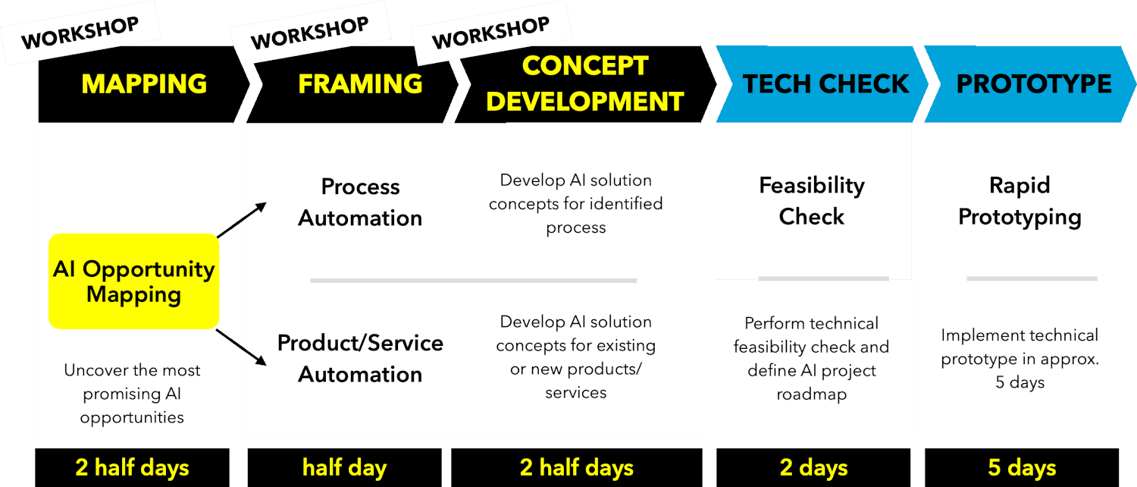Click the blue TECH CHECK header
point(822,84)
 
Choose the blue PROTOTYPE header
point(1030,84)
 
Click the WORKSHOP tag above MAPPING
point(80,33)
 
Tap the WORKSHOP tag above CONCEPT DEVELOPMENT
point(491,33)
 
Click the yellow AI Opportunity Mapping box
point(134,281)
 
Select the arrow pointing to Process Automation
point(242,219)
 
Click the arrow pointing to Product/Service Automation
point(241,347)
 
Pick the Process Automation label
point(360,202)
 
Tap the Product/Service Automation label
point(360,359)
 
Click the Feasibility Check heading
point(812,201)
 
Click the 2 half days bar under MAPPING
point(132,468)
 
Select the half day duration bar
point(345,468)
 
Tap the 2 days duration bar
point(813,468)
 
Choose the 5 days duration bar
point(1022,468)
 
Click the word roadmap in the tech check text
point(812,394)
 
